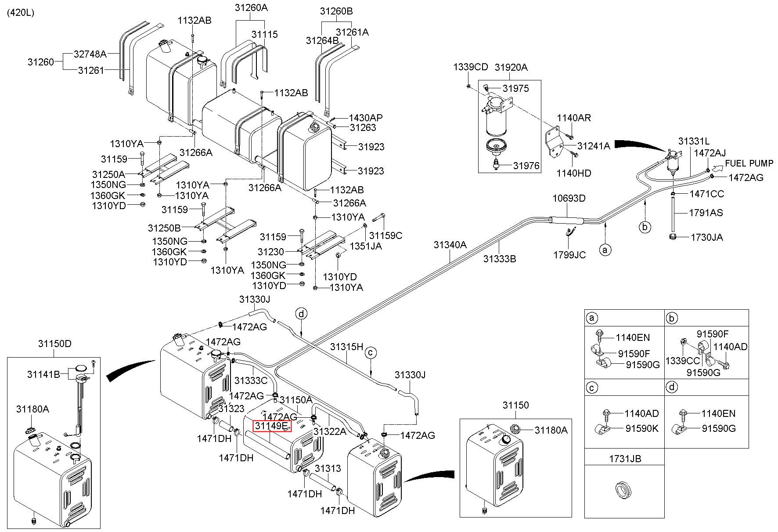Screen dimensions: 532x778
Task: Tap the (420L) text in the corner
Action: click(x=20, y=13)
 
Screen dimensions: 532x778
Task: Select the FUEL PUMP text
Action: click(x=749, y=163)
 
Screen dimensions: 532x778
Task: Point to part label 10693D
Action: click(x=569, y=198)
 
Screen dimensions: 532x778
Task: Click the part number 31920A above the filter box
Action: click(x=511, y=68)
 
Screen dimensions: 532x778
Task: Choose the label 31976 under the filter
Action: click(x=526, y=166)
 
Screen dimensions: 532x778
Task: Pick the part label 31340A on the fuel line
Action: click(x=450, y=245)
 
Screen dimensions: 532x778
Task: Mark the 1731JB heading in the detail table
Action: click(x=625, y=459)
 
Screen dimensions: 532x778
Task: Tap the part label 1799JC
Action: click(x=569, y=255)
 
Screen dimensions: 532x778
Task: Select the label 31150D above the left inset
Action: click(x=54, y=344)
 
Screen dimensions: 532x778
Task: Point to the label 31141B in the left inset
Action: click(x=43, y=374)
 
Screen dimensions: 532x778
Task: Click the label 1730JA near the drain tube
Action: click(x=706, y=237)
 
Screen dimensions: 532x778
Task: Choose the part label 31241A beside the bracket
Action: click(x=594, y=146)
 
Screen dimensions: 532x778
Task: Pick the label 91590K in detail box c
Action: click(x=642, y=428)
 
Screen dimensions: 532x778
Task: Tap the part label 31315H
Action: click(x=347, y=347)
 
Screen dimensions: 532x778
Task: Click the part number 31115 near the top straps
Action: click(x=264, y=34)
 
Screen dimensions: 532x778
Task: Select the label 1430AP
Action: click(x=366, y=118)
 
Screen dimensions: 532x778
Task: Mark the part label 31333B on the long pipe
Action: click(x=500, y=259)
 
